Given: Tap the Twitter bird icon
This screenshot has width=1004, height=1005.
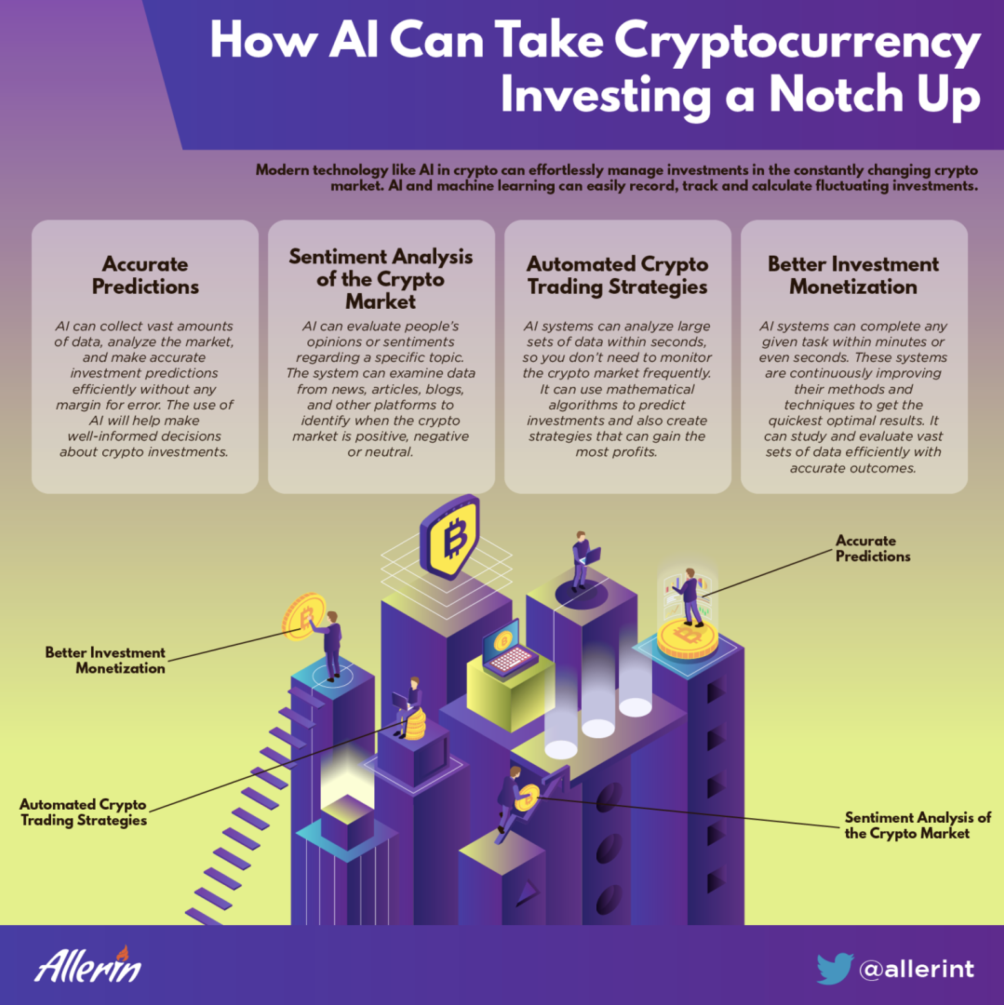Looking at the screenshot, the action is click(x=835, y=968).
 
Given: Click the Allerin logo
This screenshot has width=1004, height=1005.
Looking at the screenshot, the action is click(x=88, y=965).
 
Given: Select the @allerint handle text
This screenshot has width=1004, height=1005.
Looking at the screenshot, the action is click(x=917, y=969).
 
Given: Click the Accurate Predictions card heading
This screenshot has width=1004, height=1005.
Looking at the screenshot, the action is click(x=145, y=275).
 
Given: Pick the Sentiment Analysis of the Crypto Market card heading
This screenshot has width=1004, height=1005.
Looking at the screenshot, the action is click(x=381, y=279).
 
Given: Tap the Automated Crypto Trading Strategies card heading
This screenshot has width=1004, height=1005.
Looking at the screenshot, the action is click(x=617, y=275).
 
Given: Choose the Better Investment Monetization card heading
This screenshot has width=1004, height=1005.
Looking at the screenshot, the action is click(x=853, y=275).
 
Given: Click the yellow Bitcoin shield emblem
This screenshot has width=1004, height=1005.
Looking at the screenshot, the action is click(x=450, y=537).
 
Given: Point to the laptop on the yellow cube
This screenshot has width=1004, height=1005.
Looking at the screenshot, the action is click(x=509, y=649).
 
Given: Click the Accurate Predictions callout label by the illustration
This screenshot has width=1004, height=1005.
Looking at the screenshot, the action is click(x=872, y=549).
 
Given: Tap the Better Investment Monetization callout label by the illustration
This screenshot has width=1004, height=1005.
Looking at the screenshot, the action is click(x=105, y=660).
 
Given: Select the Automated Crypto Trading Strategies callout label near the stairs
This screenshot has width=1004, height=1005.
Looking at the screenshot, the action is click(x=84, y=812).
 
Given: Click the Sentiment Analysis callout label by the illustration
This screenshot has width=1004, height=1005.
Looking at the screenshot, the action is click(x=917, y=825).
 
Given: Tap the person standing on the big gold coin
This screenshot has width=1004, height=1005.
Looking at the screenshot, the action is click(x=690, y=597).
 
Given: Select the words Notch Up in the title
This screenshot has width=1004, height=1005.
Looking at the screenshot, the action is click(x=875, y=96).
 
